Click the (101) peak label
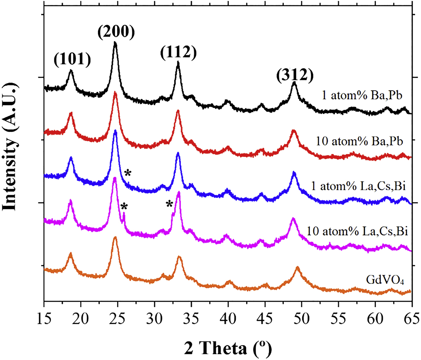(72, 60)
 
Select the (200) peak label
(116, 32)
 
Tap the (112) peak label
(179, 52)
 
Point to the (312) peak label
(295, 75)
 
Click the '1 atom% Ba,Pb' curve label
(362, 95)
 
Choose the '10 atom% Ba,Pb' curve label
(359, 141)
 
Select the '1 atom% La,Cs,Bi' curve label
(358, 186)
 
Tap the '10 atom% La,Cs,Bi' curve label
(357, 231)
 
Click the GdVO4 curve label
(385, 280)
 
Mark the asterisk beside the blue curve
(128, 173)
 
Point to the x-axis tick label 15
(44, 319)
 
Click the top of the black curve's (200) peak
(115, 42)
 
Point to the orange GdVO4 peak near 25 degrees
(115, 237)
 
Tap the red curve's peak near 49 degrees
(294, 131)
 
